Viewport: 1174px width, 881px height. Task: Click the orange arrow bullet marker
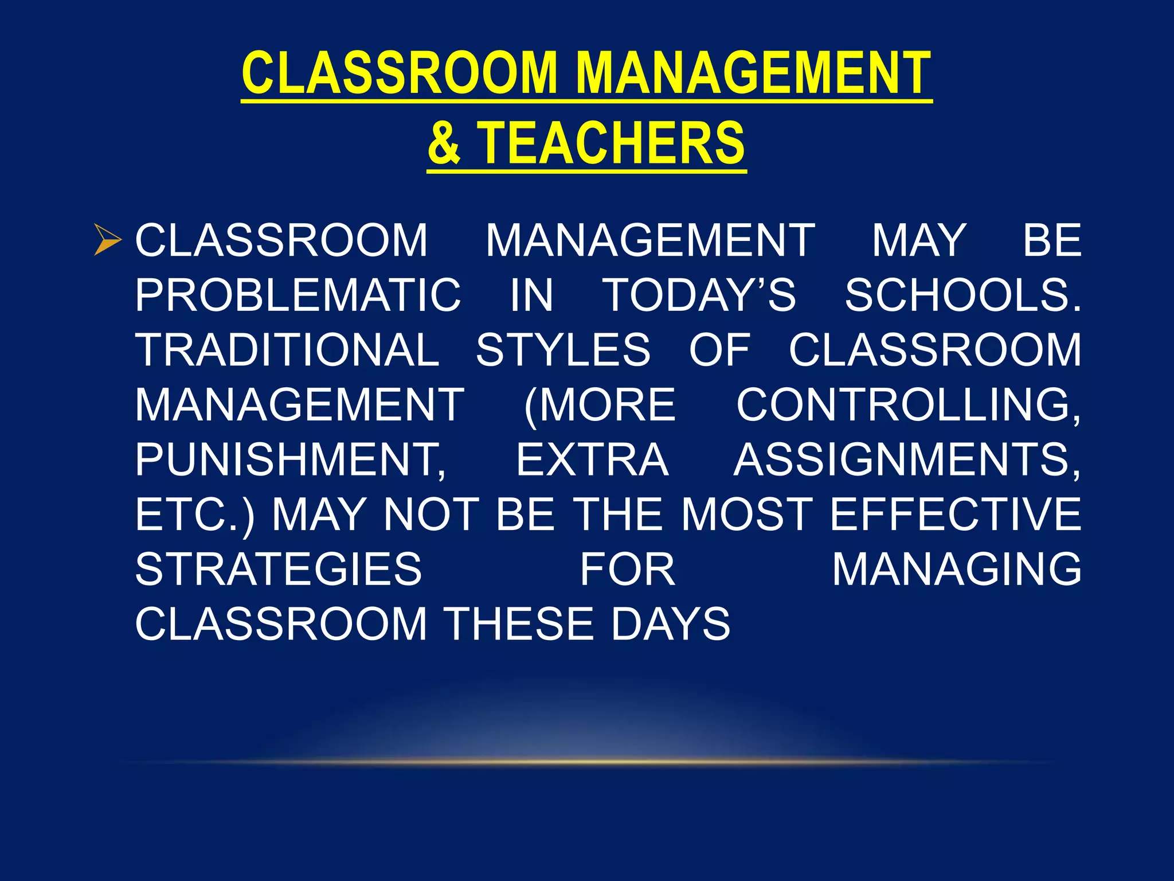coord(107,240)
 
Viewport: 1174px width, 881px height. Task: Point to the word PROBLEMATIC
coord(298,295)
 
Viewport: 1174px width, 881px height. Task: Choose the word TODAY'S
coord(700,295)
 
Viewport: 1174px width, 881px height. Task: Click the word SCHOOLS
coord(962,295)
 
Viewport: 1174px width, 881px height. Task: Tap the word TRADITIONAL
coord(287,350)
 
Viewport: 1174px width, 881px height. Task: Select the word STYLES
coord(563,350)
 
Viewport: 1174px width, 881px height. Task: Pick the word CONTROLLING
coord(908,405)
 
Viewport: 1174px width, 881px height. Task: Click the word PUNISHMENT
coord(290,460)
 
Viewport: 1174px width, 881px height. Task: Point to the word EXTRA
coord(593,460)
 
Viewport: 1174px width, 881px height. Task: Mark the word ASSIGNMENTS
coord(907,460)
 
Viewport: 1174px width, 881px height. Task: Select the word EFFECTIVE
coord(955,514)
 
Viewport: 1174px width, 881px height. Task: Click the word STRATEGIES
coord(279,570)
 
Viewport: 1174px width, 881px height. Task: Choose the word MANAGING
coord(957,570)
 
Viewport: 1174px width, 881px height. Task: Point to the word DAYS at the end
coord(671,624)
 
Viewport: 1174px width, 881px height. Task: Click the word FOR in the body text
coord(628,570)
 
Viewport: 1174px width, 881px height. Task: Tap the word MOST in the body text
coord(747,514)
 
